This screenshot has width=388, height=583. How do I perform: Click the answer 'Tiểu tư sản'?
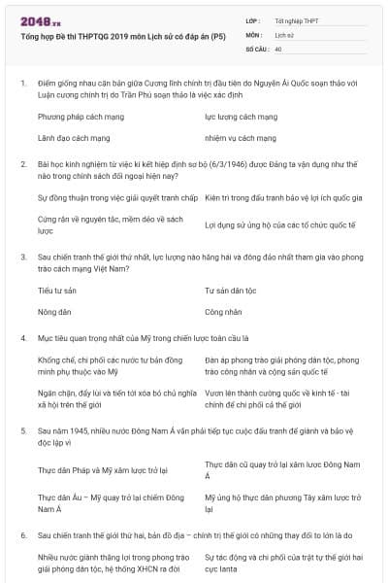pyautogui.click(x=56, y=291)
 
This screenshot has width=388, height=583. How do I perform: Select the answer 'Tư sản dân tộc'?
pyautogui.click(x=231, y=291)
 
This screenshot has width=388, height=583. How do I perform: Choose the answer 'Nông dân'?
pyautogui.click(x=54, y=313)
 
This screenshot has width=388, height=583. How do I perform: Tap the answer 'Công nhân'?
pyautogui.click(x=223, y=313)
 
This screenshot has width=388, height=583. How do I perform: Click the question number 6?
pyautogui.click(x=22, y=534)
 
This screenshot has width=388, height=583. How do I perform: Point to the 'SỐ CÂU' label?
pyautogui.click(x=258, y=48)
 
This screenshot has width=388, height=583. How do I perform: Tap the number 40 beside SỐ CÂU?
pyautogui.click(x=278, y=48)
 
